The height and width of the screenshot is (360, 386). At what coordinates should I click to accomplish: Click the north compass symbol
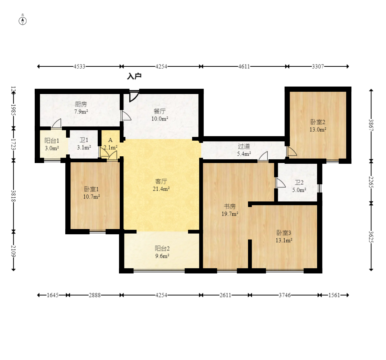point(23,21)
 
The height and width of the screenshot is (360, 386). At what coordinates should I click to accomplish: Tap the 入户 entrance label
point(134,76)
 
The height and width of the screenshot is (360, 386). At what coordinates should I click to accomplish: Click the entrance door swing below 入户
point(134,96)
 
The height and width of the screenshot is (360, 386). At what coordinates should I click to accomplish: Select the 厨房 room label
point(81,104)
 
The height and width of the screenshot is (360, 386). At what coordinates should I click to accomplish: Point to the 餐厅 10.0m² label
point(160,115)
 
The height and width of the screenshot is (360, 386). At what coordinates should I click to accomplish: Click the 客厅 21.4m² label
point(161,185)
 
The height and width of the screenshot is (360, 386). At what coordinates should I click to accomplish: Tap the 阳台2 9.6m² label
point(162,252)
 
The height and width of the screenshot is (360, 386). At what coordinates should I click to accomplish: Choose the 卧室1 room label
point(91,189)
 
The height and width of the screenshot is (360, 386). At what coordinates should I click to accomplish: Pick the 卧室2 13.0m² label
point(318,126)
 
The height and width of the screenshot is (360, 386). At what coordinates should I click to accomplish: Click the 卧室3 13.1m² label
point(284,237)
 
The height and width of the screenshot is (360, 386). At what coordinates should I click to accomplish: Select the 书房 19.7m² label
point(230,210)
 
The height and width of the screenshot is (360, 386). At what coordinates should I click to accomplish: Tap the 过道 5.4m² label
point(244,150)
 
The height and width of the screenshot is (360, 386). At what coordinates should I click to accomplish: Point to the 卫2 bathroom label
point(299,182)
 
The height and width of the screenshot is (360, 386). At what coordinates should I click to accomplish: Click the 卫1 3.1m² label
point(84,144)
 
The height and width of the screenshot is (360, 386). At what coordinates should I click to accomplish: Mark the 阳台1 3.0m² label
point(52,144)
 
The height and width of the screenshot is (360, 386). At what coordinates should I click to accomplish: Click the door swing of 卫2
point(281,183)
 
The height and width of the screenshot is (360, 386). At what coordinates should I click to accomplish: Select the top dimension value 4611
point(244,66)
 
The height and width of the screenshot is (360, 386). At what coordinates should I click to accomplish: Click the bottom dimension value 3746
point(285,295)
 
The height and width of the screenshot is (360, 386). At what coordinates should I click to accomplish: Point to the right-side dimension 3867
point(371,125)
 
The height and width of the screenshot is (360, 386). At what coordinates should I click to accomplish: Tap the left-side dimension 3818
point(13,196)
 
